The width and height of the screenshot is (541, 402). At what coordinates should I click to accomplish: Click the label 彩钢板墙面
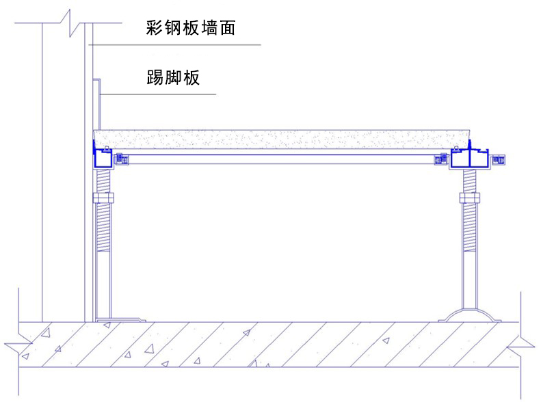point(191,29)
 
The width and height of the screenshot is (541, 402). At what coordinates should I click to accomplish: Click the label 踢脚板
point(173,77)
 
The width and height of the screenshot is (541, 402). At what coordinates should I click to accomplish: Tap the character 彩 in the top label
point(153,29)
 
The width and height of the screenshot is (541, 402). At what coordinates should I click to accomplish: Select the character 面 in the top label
point(228,29)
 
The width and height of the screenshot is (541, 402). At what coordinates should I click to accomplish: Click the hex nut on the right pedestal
point(469,198)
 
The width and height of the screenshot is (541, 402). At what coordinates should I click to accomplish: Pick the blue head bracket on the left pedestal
point(103,159)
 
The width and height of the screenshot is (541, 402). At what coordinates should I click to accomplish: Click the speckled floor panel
point(280,138)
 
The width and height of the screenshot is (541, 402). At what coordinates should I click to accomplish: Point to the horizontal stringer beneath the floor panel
point(280,159)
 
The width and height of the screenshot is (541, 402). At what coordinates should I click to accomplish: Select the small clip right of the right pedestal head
point(499,159)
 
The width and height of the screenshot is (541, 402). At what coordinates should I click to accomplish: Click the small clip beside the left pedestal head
point(122,159)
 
